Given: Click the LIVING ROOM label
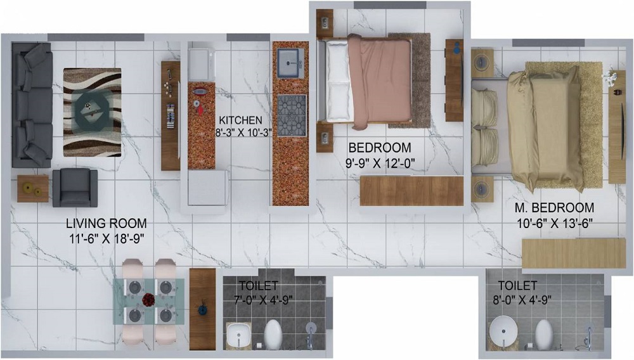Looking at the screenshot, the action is click(107, 224).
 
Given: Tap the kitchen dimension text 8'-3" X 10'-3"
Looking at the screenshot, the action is click(244, 132).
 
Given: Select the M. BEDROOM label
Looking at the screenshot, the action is click(554, 208).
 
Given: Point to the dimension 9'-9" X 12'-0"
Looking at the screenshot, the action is click(380, 164).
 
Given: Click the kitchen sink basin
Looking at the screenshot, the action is click(290, 63).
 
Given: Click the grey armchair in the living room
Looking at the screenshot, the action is click(75, 188).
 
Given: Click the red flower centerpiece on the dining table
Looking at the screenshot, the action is click(149, 300).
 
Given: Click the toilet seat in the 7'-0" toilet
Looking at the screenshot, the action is click(273, 334).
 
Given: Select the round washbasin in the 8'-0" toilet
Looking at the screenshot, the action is click(503, 331).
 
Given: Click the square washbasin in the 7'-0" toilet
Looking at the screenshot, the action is click(239, 335).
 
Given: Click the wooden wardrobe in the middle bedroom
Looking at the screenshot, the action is click(411, 191).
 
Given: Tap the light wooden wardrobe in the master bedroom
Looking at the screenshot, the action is click(574, 253).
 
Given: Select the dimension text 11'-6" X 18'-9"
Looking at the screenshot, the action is click(107, 239).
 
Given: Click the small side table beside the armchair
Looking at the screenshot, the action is click(33, 189).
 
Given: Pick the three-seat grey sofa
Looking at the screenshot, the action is click(32, 105).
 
